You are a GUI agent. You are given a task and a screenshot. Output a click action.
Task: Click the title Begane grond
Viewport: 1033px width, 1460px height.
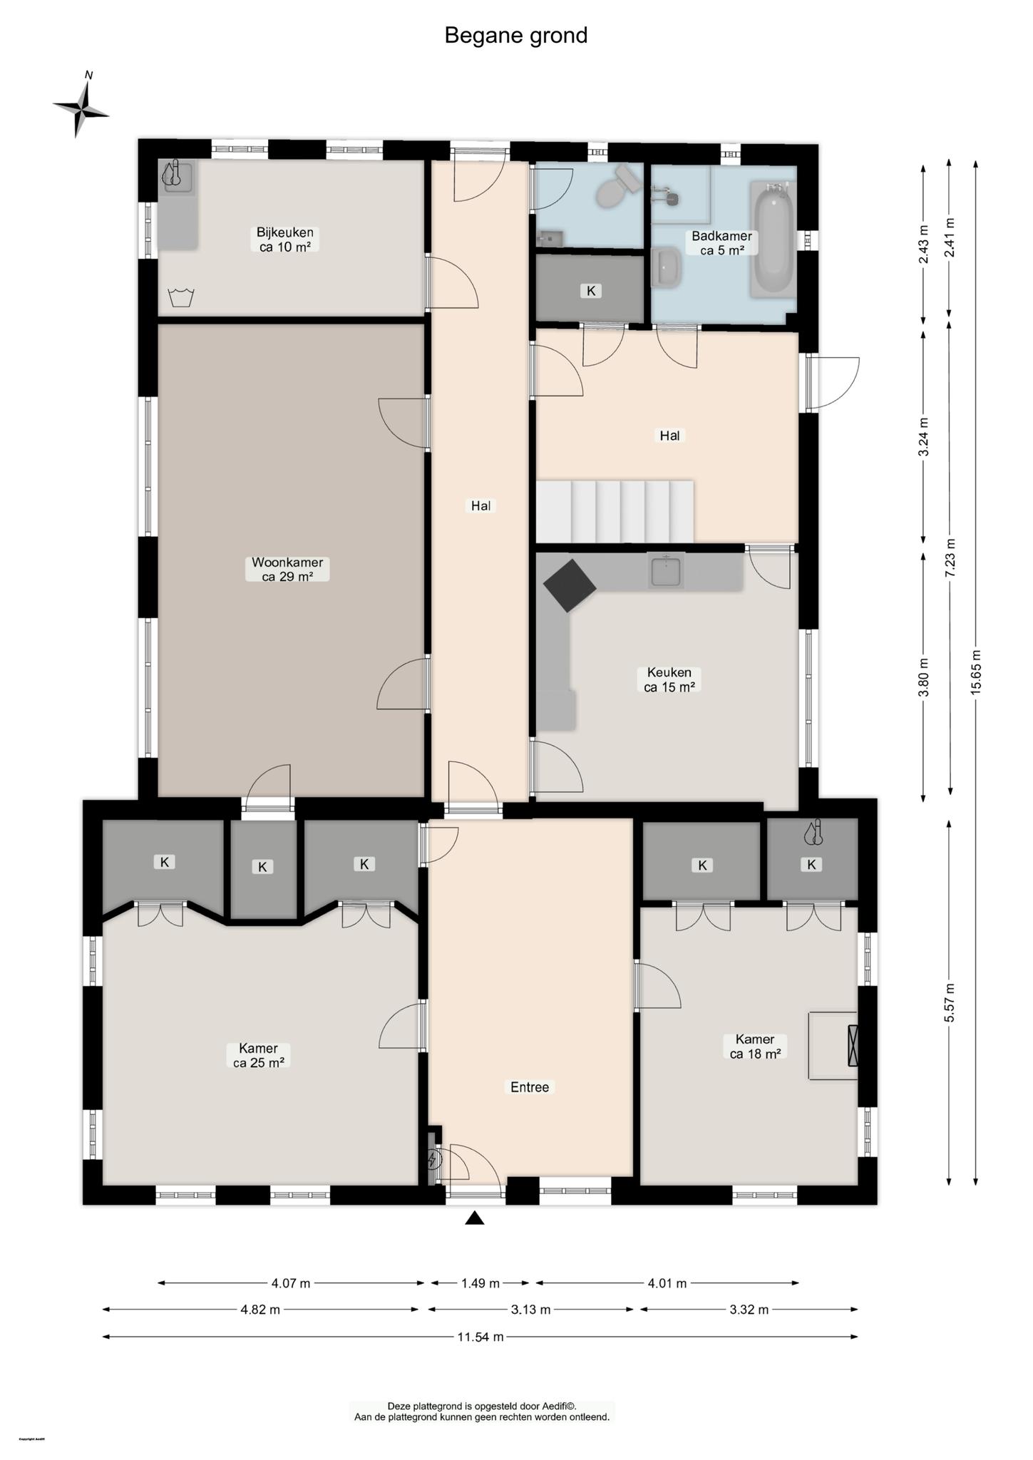[515, 35]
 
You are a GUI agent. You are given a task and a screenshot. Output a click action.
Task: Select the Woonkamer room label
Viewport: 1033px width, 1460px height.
[287, 569]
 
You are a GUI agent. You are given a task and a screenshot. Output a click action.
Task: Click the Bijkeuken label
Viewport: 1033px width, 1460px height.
[285, 239]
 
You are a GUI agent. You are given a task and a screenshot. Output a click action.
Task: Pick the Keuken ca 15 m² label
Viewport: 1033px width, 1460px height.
[669, 679]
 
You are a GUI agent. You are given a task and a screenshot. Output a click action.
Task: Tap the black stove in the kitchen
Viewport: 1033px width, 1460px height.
[570, 585]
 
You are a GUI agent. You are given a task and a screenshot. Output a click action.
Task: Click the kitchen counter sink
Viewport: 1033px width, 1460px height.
[666, 570]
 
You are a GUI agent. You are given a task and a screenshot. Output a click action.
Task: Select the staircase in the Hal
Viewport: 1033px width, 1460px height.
[615, 511]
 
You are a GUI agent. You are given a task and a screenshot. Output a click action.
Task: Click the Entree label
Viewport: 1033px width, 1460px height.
[530, 1087]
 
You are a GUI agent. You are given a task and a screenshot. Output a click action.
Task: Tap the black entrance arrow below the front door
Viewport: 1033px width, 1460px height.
[475, 1218]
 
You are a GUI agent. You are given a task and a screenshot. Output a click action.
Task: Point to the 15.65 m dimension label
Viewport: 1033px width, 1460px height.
[976, 672]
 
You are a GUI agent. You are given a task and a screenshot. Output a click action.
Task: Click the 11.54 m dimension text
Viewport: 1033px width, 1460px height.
[480, 1337]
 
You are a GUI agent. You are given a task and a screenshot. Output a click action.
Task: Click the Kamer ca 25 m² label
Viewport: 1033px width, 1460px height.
[258, 1055]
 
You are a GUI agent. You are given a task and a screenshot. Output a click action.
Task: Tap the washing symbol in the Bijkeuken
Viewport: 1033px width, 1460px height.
[181, 297]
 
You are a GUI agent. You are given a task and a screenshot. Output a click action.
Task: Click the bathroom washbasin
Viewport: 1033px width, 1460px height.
[667, 267]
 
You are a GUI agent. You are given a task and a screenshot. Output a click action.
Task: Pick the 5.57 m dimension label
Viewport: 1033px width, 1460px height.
[950, 1002]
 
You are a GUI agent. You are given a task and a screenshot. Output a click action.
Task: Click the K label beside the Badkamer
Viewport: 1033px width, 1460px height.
[590, 290]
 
